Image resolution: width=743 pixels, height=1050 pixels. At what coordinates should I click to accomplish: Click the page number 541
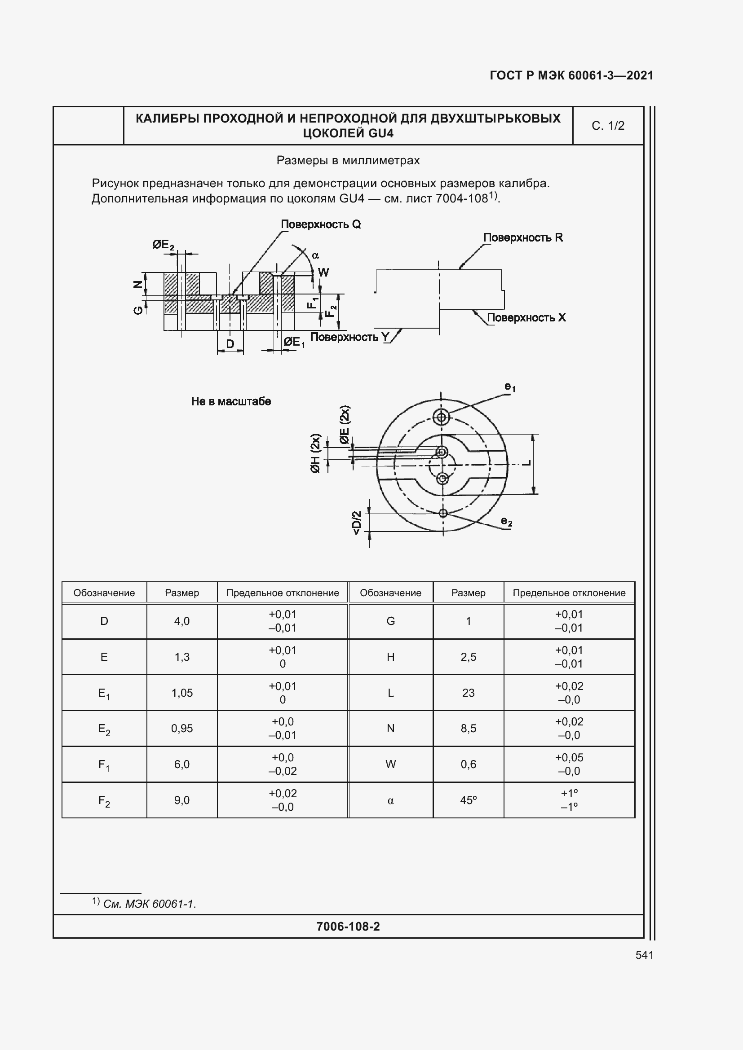click(644, 955)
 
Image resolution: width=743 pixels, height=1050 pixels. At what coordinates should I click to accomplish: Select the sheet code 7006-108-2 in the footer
click(348, 927)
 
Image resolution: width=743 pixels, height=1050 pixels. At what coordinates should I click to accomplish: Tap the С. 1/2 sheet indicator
click(608, 126)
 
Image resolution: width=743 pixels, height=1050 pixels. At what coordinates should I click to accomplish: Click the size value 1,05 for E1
click(182, 693)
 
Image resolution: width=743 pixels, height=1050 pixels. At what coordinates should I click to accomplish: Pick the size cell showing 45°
click(468, 800)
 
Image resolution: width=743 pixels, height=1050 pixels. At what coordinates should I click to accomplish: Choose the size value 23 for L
click(468, 693)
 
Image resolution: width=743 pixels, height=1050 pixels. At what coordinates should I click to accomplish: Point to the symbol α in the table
click(390, 800)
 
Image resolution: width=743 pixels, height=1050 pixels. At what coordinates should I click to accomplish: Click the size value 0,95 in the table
click(182, 729)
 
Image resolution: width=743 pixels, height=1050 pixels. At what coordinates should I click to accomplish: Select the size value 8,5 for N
click(468, 729)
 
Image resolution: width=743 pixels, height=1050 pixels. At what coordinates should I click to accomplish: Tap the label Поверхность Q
click(321, 224)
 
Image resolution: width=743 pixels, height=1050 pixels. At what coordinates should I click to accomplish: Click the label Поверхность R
click(523, 237)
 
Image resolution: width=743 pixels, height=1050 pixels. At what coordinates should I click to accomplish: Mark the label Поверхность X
click(526, 317)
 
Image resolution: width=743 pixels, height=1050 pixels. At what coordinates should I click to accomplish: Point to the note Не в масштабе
click(231, 401)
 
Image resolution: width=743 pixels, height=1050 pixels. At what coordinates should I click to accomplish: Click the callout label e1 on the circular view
click(510, 387)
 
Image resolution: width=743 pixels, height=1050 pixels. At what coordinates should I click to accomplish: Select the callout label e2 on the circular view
click(506, 521)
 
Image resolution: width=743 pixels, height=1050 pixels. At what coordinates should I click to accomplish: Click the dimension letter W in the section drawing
click(323, 272)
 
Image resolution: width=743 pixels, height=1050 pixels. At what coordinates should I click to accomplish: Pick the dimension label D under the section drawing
click(230, 343)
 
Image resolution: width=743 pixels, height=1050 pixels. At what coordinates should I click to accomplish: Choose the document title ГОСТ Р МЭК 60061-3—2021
click(571, 75)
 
